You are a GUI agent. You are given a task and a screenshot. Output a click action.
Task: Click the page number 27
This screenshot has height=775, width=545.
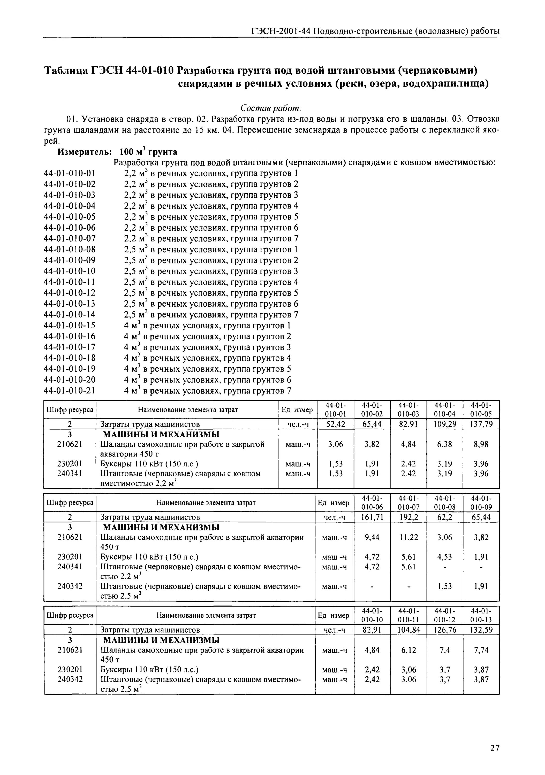pyautogui.click(x=494, y=739)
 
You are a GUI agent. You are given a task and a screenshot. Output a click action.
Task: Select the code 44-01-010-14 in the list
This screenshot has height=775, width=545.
pyautogui.click(x=70, y=315)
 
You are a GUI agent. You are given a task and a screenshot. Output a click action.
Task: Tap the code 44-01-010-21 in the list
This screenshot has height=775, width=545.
pyautogui.click(x=70, y=391)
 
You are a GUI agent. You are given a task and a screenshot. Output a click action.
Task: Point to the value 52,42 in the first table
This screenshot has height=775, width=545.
pyautogui.click(x=336, y=424)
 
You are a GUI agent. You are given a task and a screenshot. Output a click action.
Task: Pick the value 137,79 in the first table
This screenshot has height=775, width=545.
pyautogui.click(x=481, y=424)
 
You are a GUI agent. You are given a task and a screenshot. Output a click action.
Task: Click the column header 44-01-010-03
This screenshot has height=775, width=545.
pyautogui.click(x=408, y=409)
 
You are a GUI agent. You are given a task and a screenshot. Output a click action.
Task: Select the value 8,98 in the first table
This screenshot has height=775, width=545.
pyautogui.click(x=481, y=444)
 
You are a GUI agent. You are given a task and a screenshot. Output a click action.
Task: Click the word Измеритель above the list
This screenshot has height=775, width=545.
pyautogui.click(x=85, y=152)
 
